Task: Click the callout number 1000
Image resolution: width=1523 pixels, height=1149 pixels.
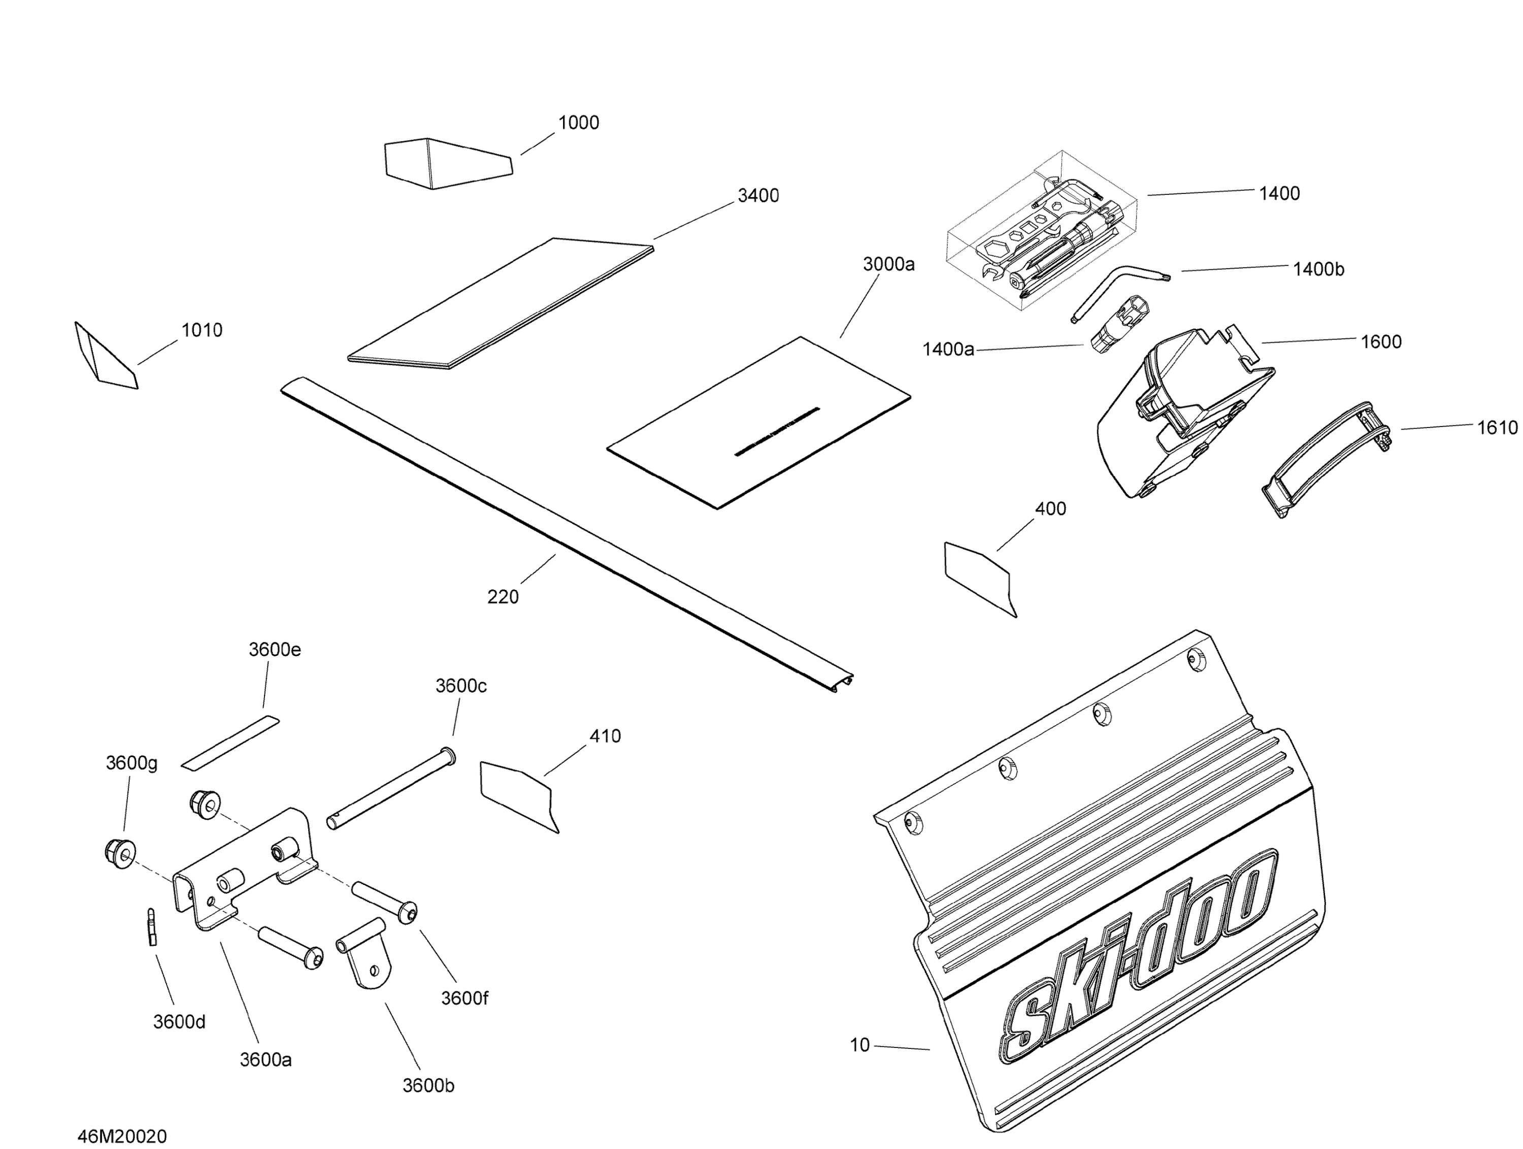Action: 578,122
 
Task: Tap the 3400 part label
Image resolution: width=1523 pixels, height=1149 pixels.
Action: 758,195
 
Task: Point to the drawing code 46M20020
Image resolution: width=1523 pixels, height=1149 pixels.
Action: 122,1136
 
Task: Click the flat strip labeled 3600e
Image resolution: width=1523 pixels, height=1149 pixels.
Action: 230,743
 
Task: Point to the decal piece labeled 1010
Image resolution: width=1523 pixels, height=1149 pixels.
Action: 106,356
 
